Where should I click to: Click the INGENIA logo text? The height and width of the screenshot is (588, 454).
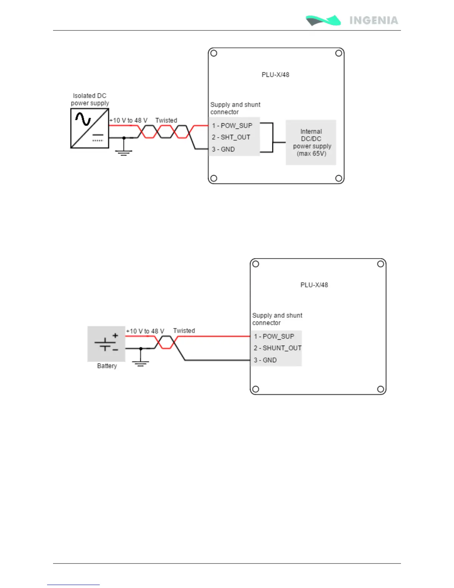click(374, 20)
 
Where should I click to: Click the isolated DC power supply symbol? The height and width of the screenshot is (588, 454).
click(90, 128)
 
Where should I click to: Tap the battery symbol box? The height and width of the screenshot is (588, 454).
click(106, 344)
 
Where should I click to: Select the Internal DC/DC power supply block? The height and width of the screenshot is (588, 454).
click(311, 143)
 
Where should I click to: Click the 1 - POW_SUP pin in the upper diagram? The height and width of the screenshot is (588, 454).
click(232, 125)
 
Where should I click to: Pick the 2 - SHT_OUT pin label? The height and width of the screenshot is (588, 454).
click(231, 137)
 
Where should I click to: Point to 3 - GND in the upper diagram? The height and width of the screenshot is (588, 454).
click(223, 149)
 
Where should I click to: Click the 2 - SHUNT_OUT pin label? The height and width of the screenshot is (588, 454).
click(277, 348)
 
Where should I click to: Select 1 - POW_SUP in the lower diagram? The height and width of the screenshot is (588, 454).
click(274, 336)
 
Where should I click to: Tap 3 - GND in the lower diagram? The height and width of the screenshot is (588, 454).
click(265, 360)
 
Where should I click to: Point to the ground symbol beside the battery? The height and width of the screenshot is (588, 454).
click(141, 363)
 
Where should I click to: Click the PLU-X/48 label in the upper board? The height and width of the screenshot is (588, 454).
click(276, 75)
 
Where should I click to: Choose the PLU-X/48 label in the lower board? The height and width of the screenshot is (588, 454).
click(314, 285)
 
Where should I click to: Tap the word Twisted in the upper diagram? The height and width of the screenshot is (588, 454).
click(166, 120)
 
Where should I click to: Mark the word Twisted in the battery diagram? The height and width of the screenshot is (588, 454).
click(184, 331)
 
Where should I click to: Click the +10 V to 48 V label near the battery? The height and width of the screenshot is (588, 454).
click(145, 331)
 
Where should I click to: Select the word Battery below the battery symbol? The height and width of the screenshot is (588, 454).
click(107, 366)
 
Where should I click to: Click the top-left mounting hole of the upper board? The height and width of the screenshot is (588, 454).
click(214, 53)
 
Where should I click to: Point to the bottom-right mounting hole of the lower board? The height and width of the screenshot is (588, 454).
click(381, 389)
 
